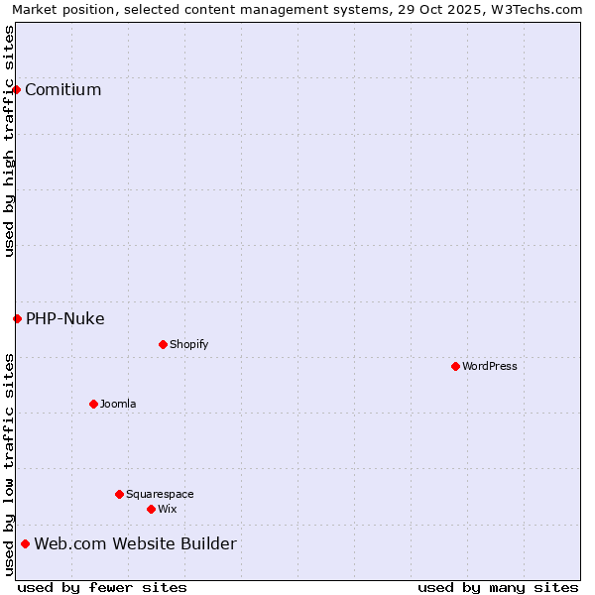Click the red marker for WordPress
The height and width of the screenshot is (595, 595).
455,366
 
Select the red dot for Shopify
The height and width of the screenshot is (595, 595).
163,344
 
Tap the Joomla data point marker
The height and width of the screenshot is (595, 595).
93,404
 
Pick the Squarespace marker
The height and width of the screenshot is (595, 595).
119,494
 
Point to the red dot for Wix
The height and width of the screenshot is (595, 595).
151,509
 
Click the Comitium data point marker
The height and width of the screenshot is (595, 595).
16,90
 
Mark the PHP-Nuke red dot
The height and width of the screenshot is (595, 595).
17,318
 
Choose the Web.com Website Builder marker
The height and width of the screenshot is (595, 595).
25,543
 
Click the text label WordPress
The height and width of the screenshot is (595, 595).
490,366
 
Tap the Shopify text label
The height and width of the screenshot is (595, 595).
188,344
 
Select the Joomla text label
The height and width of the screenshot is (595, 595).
118,404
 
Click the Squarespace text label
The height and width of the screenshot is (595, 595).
160,494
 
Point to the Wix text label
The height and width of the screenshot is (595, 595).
167,509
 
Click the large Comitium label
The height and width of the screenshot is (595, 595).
63,90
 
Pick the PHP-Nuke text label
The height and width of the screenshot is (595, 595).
65,318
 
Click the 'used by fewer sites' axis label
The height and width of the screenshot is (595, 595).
102,587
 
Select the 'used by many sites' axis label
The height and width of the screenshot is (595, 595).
498,587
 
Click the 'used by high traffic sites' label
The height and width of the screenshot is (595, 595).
9,141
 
